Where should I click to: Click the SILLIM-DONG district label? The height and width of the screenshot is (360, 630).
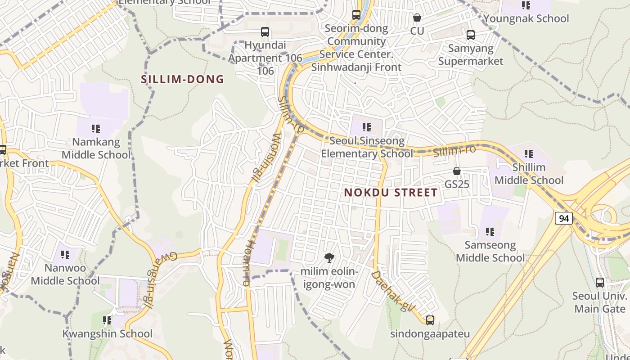[x=182, y=79]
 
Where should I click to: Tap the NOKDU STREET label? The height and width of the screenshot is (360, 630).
[x=391, y=193]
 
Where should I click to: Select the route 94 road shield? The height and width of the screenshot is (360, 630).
[x=563, y=219]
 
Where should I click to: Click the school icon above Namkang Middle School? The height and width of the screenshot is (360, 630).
[x=95, y=129]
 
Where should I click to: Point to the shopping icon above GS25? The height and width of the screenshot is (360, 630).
[x=457, y=171]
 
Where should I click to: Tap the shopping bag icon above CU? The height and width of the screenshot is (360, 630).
[x=417, y=18]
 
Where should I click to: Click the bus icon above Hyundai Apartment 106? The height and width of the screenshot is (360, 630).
[x=265, y=32]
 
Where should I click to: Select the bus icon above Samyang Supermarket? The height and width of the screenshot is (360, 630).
[x=471, y=35]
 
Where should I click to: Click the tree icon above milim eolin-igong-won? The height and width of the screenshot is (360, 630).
[x=329, y=258]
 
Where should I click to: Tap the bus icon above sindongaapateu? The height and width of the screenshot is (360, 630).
[x=430, y=320]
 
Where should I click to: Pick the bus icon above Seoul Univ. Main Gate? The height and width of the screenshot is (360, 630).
[x=600, y=283]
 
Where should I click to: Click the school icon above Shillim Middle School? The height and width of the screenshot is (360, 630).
[x=529, y=154]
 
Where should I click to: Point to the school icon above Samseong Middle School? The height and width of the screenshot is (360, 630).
[x=490, y=232]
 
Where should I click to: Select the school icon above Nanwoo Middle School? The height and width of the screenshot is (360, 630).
[x=65, y=255]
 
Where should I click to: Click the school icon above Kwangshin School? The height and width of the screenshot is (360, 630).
[x=107, y=320]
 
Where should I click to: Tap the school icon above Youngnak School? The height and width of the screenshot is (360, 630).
[x=526, y=5]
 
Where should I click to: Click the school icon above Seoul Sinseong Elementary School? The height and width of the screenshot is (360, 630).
[x=367, y=128]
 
